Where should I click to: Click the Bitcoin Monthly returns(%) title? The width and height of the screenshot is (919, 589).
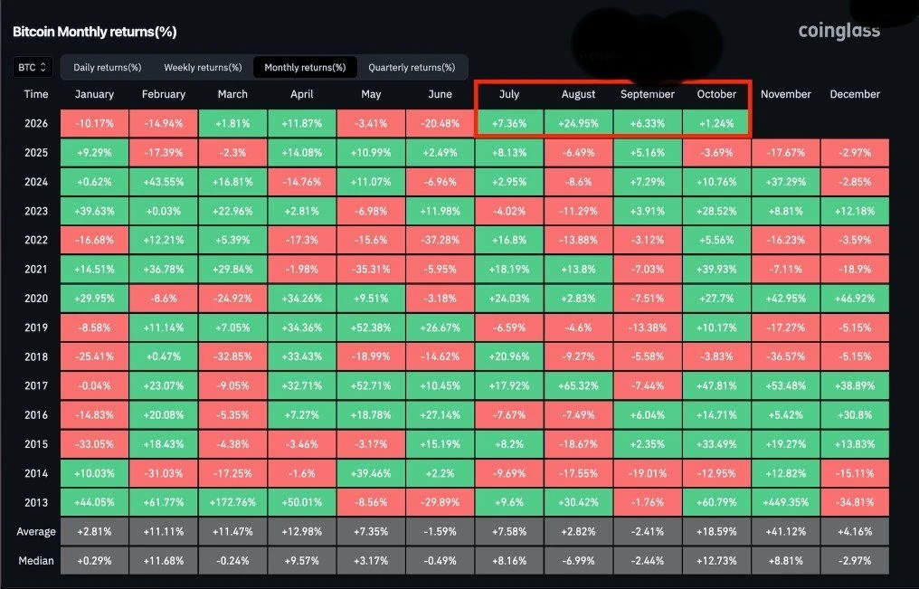[x=94, y=32]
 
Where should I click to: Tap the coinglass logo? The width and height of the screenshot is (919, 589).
[x=838, y=31]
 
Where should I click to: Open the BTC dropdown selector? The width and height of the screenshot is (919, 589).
[x=33, y=67]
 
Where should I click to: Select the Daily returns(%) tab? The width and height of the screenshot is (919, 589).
[x=108, y=67]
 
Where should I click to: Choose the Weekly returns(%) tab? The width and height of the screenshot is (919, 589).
[x=203, y=67]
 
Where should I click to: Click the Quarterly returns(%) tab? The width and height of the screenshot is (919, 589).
[x=412, y=67]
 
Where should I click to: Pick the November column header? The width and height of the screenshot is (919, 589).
[x=785, y=94]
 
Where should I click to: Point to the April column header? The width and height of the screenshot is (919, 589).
[x=302, y=94]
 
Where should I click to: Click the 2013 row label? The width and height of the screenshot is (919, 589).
[x=36, y=502]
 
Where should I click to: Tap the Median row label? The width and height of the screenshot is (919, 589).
[x=36, y=561]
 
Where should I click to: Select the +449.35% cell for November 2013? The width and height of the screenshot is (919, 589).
[x=785, y=502]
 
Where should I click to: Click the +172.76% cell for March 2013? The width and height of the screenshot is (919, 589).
[x=232, y=502]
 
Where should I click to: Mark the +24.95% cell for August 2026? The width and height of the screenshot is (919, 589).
[x=579, y=124]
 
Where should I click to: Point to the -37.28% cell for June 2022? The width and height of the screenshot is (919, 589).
[x=441, y=241]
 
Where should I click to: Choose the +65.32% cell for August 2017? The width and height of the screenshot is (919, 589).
[x=579, y=385]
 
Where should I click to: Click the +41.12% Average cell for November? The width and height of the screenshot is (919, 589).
[x=785, y=532]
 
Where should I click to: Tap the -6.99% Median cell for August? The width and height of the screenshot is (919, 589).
[x=579, y=561]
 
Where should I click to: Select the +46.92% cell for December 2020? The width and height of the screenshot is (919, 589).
[x=855, y=299]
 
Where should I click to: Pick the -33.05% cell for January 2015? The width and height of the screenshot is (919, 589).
[x=94, y=444]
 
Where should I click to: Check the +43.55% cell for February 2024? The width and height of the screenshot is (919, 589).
[x=164, y=182]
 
